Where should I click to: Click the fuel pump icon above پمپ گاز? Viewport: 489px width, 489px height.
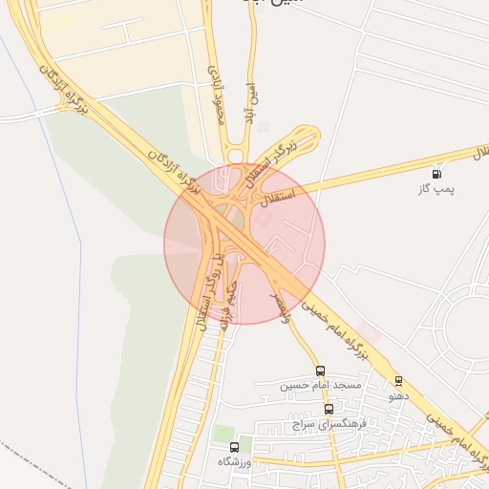tap(436, 174)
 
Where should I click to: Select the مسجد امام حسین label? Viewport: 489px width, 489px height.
tap(321, 385)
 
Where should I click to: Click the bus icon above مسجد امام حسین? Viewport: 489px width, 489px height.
tap(320, 372)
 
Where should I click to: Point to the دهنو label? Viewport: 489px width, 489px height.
tap(398, 394)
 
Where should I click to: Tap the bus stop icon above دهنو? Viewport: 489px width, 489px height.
tap(398, 381)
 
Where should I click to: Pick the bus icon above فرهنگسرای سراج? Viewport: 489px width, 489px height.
tap(330, 409)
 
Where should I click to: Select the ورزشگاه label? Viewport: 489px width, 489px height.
tap(234, 460)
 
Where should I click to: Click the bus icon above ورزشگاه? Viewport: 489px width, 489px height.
tap(234, 447)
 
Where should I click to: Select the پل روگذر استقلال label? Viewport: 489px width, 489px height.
tap(209, 291)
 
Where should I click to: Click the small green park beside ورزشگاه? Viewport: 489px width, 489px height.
tap(224, 434)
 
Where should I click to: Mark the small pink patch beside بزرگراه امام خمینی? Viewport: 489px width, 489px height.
tap(371, 335)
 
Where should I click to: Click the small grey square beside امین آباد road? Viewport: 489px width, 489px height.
tap(264, 127)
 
